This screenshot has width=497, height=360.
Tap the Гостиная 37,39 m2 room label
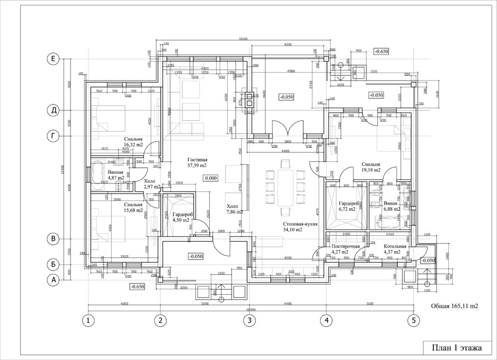(x=197, y=161)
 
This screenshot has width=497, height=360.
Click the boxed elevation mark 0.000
(x=212, y=178)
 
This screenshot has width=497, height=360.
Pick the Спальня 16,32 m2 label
(x=134, y=142)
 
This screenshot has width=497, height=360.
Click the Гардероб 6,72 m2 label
(x=348, y=206)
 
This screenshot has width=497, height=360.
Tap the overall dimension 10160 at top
(x=243, y=39)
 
